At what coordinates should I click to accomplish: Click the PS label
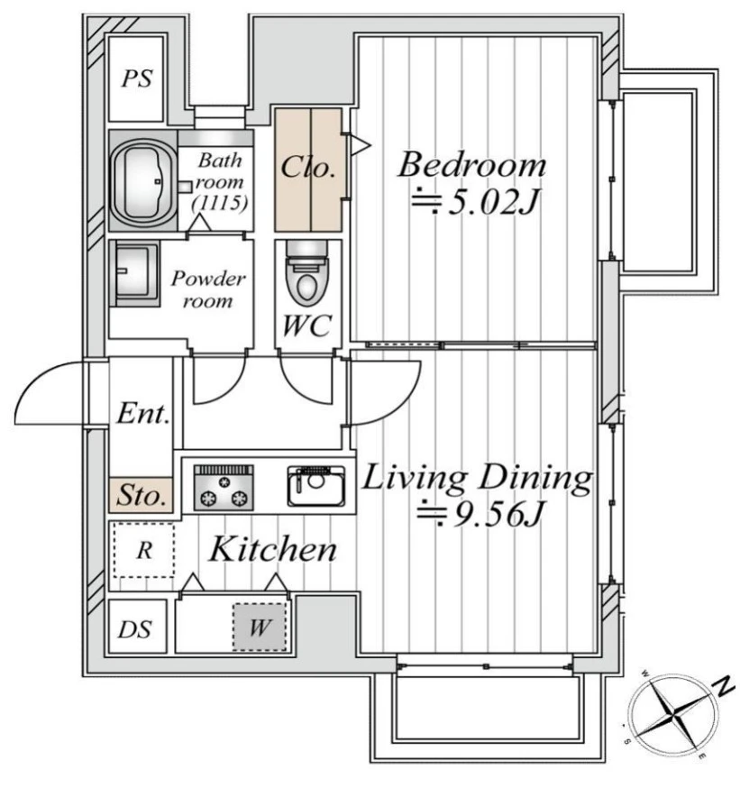click(x=137, y=78)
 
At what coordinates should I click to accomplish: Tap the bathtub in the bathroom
click(x=143, y=181)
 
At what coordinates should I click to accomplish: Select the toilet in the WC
click(x=306, y=274)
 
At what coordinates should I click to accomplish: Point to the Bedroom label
click(x=471, y=164)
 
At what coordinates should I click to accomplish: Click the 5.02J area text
click(x=475, y=203)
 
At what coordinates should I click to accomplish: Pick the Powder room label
click(x=208, y=289)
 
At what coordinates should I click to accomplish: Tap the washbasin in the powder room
click(x=134, y=273)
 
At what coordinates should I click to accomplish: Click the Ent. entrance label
click(x=142, y=414)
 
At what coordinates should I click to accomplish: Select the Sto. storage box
click(x=142, y=495)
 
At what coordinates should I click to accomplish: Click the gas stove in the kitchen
click(x=224, y=488)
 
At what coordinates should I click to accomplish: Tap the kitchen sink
click(x=316, y=486)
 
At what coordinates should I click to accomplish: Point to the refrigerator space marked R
click(x=144, y=550)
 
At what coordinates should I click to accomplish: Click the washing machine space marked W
click(x=260, y=628)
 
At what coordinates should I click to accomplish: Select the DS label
click(x=134, y=629)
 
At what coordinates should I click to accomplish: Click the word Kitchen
click(x=273, y=549)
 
